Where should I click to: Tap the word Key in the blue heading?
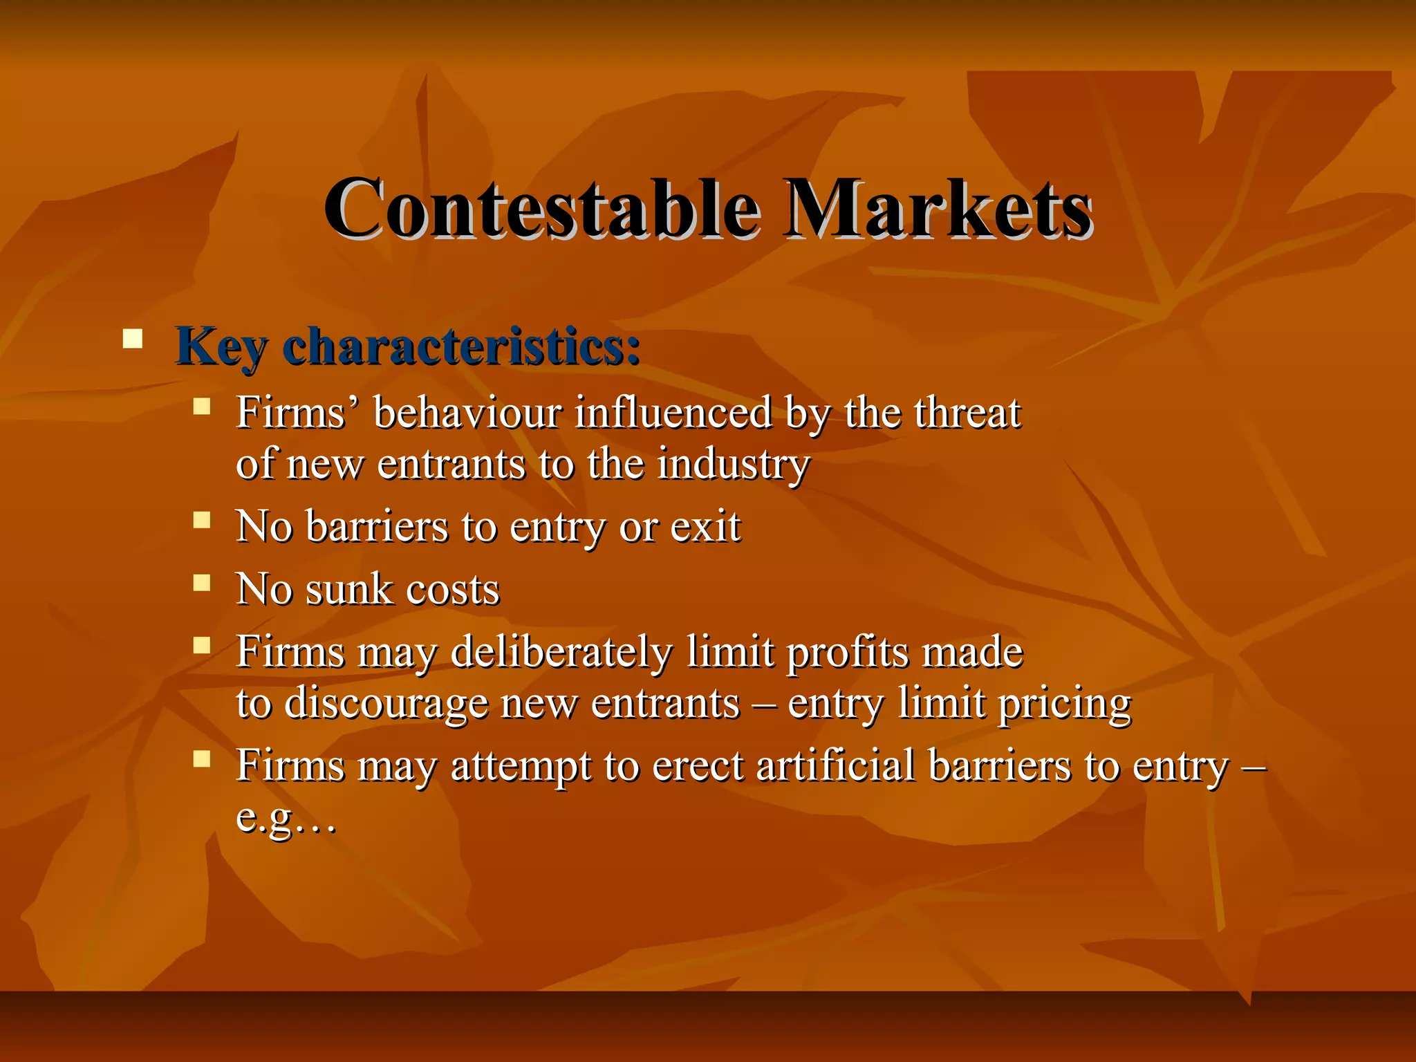220,346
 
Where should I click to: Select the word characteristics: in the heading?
461,346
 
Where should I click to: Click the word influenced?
672,413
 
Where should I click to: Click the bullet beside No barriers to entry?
201,520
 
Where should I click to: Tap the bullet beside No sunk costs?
201,583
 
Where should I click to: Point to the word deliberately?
561,652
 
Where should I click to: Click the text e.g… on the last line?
286,819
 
